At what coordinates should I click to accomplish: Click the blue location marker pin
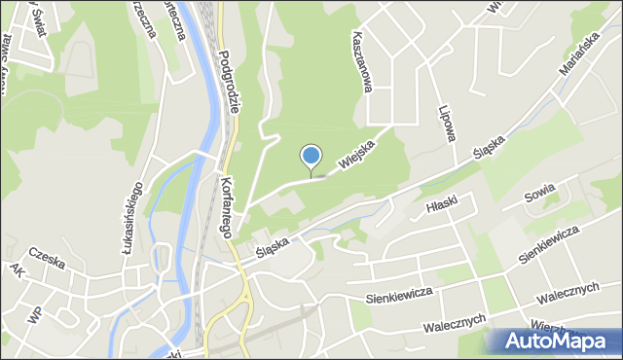(x=311, y=157)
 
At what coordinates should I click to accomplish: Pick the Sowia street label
(x=540, y=193)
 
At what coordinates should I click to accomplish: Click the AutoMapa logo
(x=554, y=340)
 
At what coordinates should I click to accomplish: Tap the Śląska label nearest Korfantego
(x=272, y=240)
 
